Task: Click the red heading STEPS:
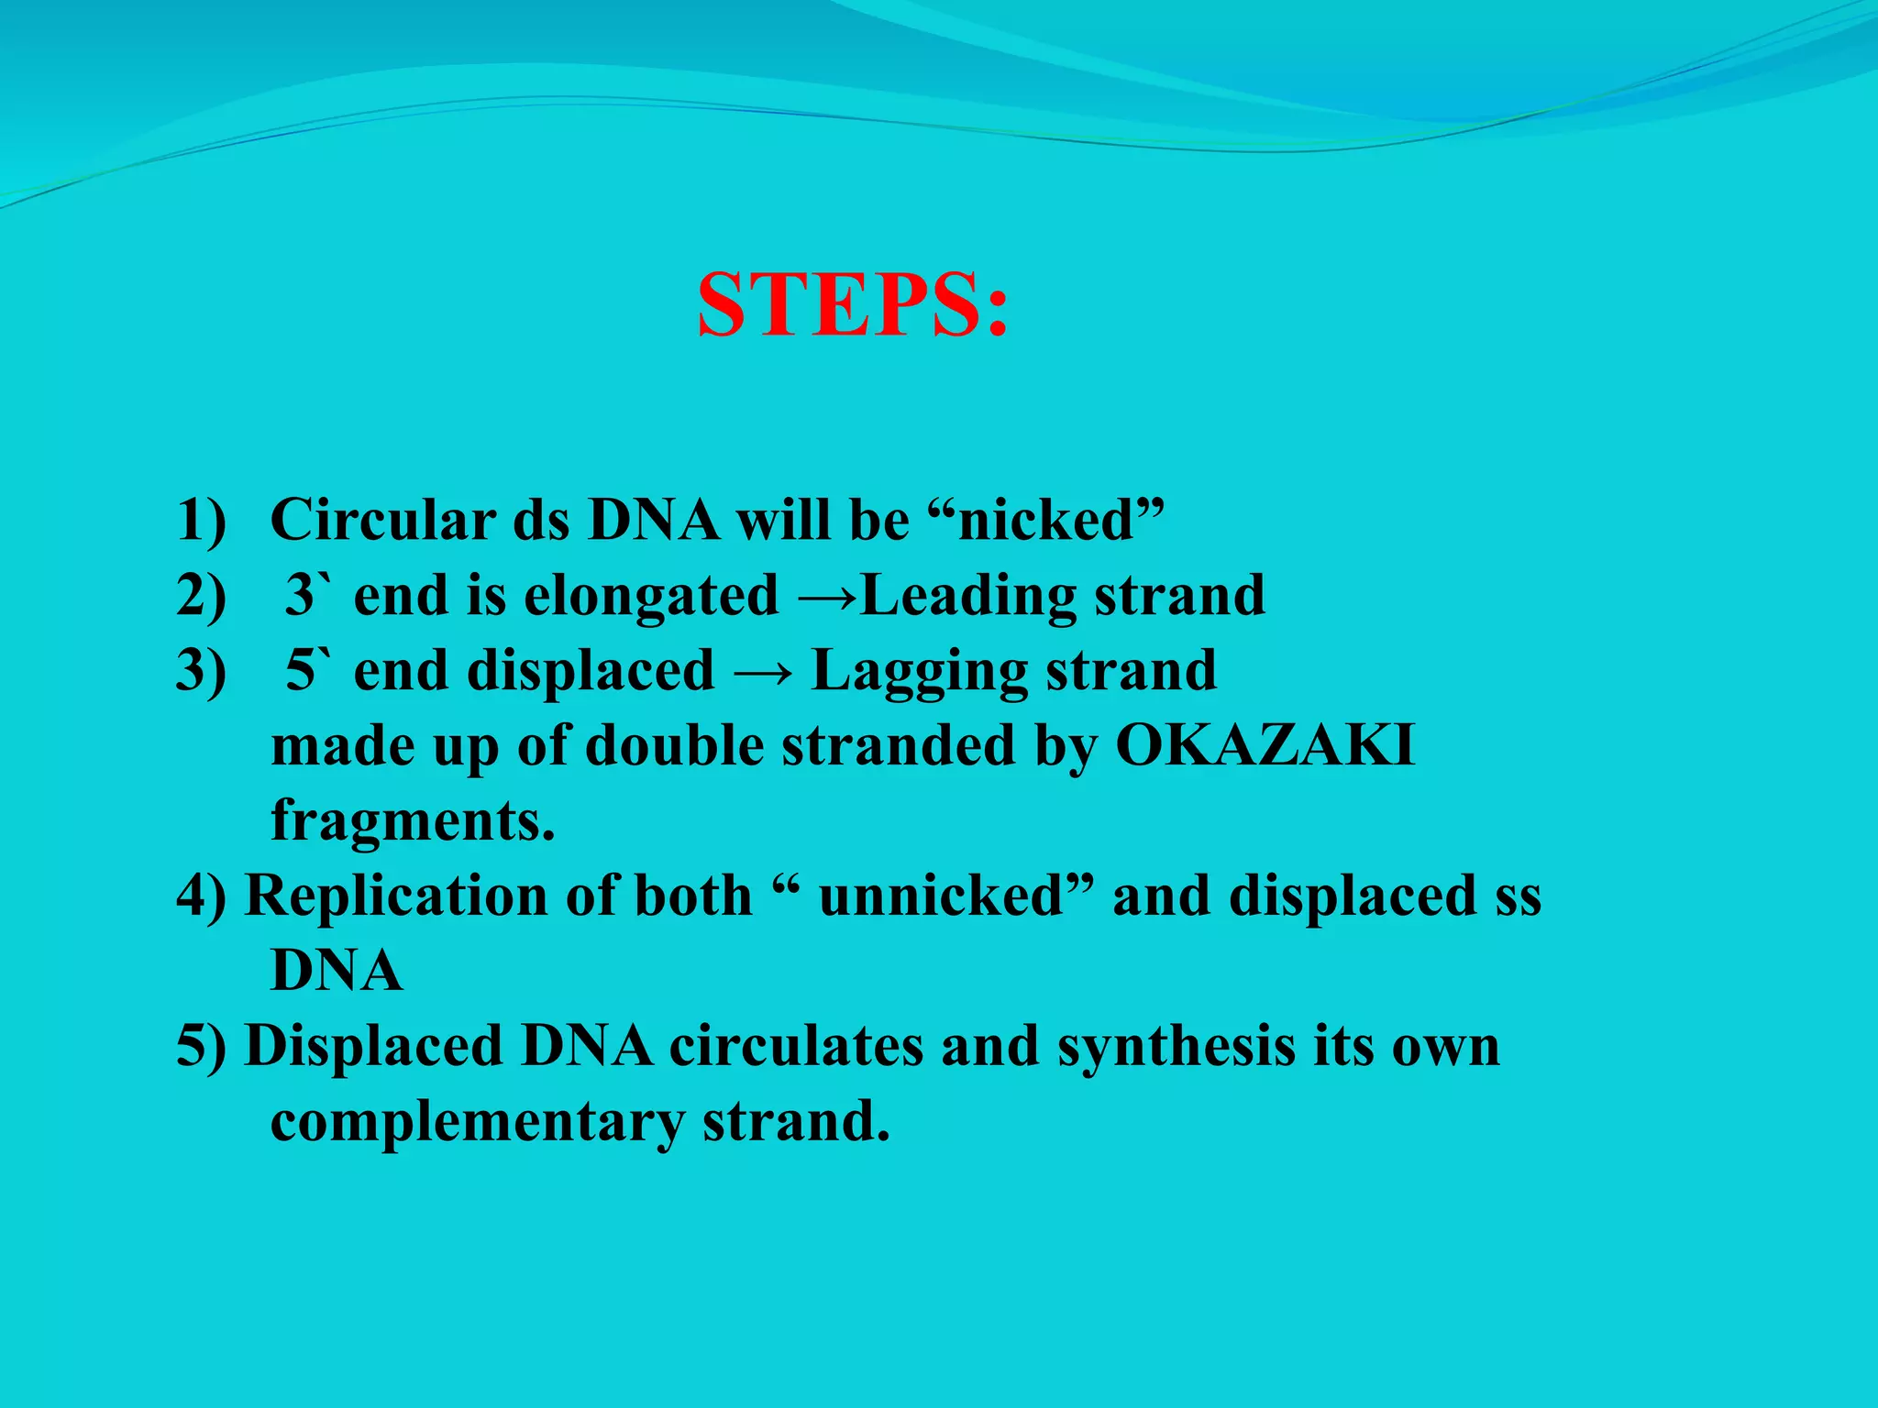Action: click(852, 305)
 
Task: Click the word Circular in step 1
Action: click(382, 520)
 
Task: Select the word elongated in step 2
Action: click(650, 595)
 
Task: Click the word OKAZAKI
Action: click(1265, 745)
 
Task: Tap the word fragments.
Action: click(413, 820)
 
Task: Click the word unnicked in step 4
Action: click(941, 896)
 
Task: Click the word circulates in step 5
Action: click(795, 1046)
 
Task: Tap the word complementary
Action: click(478, 1121)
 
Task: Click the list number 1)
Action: click(201, 520)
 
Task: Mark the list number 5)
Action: click(201, 1046)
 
